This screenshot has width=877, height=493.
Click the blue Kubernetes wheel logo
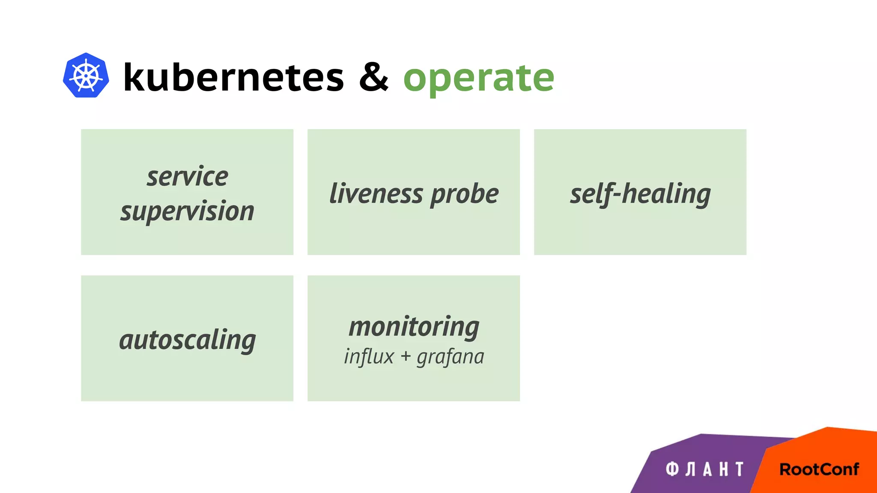[x=86, y=75]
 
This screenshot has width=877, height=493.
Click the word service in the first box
[x=188, y=176]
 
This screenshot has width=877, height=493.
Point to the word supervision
[x=188, y=211]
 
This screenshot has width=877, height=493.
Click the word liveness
[x=376, y=193]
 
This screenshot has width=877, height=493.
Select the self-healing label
[x=640, y=194]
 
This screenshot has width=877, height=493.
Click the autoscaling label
[x=188, y=340]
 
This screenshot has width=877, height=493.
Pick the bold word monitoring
[x=414, y=327]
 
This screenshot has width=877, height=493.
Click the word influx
[x=369, y=356]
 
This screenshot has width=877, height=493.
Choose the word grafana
[x=450, y=357]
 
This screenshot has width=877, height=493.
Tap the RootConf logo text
[x=819, y=469]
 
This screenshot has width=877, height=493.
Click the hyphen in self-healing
[x=616, y=196]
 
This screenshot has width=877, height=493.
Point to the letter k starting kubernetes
[x=134, y=77]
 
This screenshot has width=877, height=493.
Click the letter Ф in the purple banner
[x=672, y=469]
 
